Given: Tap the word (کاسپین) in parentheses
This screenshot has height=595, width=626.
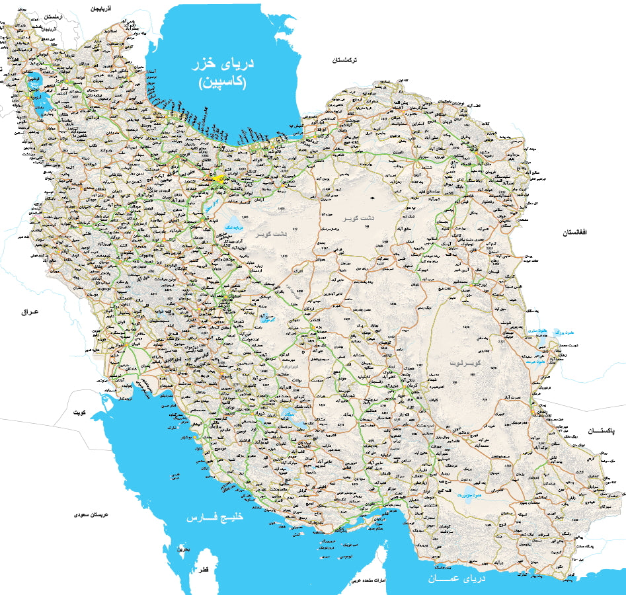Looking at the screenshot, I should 223,83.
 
